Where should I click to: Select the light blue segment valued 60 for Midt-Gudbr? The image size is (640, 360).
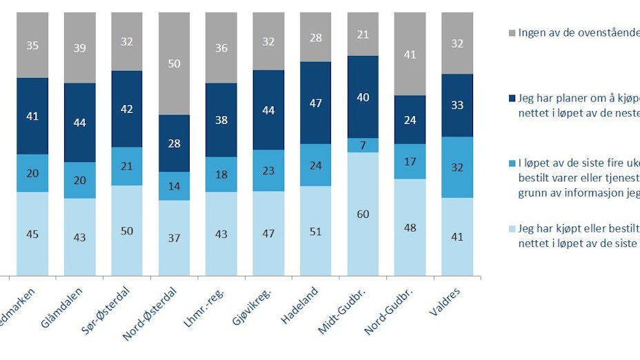(x=363, y=214)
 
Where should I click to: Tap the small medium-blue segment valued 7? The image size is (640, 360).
(x=363, y=145)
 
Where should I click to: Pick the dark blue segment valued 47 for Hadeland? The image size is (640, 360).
(x=317, y=103)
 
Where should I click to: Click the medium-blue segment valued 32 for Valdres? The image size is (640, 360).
(x=457, y=167)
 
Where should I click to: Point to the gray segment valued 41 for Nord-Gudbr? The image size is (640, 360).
(x=410, y=54)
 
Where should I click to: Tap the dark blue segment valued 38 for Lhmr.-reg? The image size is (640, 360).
(x=222, y=120)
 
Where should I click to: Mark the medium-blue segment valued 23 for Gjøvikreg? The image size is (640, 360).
(x=269, y=170)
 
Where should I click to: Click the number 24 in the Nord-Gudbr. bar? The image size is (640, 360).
(x=410, y=119)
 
